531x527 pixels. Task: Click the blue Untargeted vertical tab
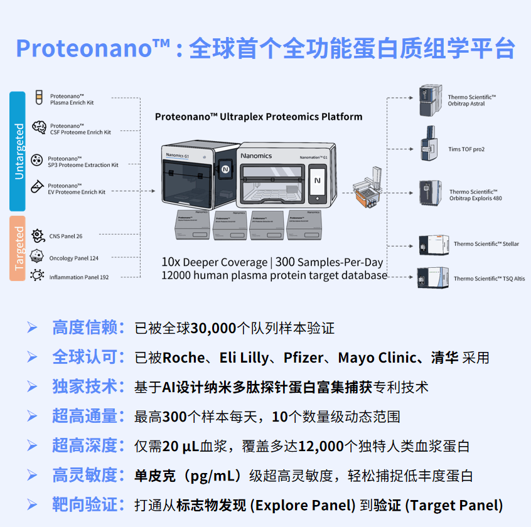click(x=18, y=151)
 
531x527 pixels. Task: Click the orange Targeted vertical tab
click(x=18, y=248)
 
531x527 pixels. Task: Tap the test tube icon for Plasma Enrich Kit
click(x=40, y=97)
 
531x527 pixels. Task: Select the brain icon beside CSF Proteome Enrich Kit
click(x=40, y=127)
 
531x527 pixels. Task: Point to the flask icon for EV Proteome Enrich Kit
click(x=37, y=186)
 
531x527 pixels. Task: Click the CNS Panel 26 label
click(x=66, y=237)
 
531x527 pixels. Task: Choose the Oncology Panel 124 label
click(x=74, y=258)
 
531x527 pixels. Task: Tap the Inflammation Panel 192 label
click(x=79, y=277)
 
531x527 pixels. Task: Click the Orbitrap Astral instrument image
click(x=431, y=100)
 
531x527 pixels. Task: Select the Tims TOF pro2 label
click(x=466, y=149)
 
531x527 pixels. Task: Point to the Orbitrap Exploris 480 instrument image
click(x=431, y=193)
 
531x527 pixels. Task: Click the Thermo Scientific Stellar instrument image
click(x=434, y=245)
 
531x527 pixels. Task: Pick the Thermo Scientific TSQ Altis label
click(x=490, y=279)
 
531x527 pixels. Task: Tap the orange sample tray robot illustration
click(x=368, y=187)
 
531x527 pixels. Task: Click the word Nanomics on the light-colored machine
click(x=256, y=156)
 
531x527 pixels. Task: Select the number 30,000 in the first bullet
click(x=213, y=328)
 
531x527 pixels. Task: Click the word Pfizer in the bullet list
click(x=303, y=358)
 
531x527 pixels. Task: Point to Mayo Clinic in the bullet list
click(x=377, y=358)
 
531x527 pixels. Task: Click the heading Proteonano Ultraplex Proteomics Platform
click(x=259, y=117)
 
